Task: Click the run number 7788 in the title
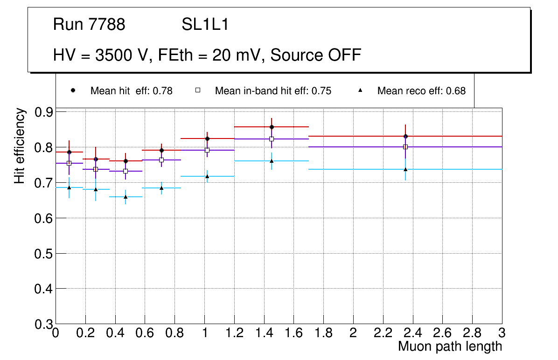coord(107,25)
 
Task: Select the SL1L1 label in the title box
coord(205,25)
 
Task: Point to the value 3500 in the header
coord(114,55)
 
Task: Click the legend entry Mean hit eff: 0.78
coord(131,91)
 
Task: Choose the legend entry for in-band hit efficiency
coord(273,91)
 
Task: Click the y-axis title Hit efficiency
coord(20,145)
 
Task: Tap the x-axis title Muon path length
coord(450,346)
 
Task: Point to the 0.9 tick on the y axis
coord(43,112)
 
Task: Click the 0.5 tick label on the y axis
coord(43,253)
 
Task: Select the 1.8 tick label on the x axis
coord(323,333)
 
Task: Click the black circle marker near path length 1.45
coord(272,127)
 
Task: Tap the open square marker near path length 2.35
coord(405,147)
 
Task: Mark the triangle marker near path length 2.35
coord(405,169)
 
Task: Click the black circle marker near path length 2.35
coord(405,136)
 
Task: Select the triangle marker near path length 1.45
coord(272,161)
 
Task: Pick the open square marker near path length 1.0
coord(207,150)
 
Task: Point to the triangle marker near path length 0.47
coord(126,197)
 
